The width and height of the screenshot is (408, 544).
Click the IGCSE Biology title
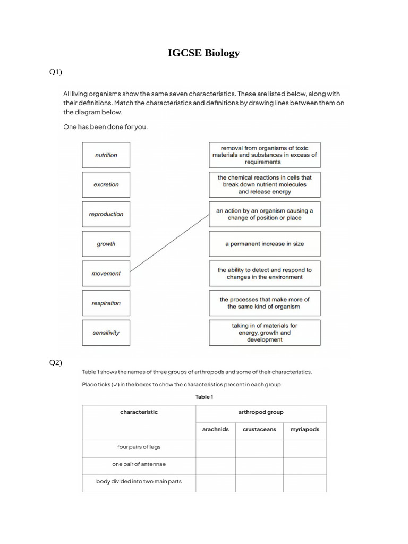point(203,53)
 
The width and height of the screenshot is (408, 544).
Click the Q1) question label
point(56,72)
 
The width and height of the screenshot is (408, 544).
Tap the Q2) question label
point(56,363)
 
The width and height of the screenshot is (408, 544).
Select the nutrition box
point(106,155)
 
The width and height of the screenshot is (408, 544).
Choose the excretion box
point(106,185)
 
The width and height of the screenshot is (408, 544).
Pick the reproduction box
point(106,215)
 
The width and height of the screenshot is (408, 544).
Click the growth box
point(106,244)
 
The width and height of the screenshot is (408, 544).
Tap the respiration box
point(106,303)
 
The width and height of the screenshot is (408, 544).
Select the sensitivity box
point(106,333)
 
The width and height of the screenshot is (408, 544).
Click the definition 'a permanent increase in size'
point(265,244)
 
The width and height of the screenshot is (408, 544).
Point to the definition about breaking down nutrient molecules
point(265,185)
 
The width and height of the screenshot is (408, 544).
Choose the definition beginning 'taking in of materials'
point(265,333)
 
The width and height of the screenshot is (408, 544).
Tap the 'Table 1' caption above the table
point(204,397)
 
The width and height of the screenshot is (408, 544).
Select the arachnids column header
point(216,429)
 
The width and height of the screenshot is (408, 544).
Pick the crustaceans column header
point(259,429)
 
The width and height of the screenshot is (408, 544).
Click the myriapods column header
point(305,429)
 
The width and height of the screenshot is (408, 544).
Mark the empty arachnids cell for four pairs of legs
point(216,449)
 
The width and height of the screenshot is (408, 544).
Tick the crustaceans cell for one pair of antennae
point(259,466)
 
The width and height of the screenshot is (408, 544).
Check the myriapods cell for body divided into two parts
point(305,483)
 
